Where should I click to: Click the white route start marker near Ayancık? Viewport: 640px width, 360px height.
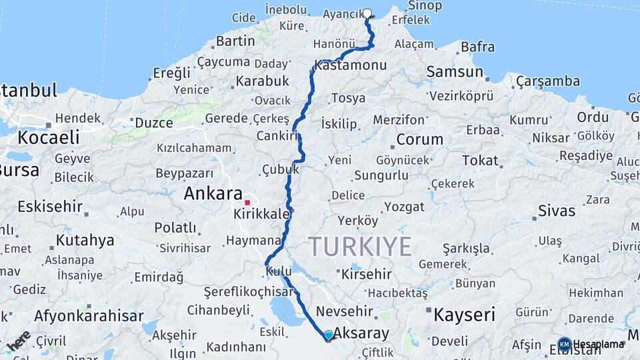click(x=367, y=13)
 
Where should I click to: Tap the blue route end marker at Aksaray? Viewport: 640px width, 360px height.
click(x=329, y=335)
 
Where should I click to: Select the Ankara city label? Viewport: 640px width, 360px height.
click(x=213, y=194)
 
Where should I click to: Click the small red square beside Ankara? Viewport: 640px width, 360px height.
click(x=247, y=202)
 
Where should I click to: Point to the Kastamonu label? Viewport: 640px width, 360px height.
click(x=351, y=65)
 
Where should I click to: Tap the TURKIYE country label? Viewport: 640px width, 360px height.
click(x=360, y=247)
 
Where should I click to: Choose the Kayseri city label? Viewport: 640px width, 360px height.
click(x=465, y=314)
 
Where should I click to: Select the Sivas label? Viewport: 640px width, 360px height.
click(x=557, y=211)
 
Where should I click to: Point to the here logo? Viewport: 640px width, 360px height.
click(x=19, y=340)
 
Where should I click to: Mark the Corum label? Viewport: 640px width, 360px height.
click(x=419, y=140)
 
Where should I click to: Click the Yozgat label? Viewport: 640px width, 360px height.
click(x=404, y=207)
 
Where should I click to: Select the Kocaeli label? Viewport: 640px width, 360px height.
click(x=48, y=138)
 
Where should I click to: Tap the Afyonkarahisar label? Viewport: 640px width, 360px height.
click(x=89, y=316)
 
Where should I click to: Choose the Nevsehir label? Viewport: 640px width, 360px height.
click(x=344, y=311)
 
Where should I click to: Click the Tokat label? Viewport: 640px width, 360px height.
click(x=480, y=161)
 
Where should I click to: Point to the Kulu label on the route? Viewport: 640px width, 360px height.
click(x=277, y=272)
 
